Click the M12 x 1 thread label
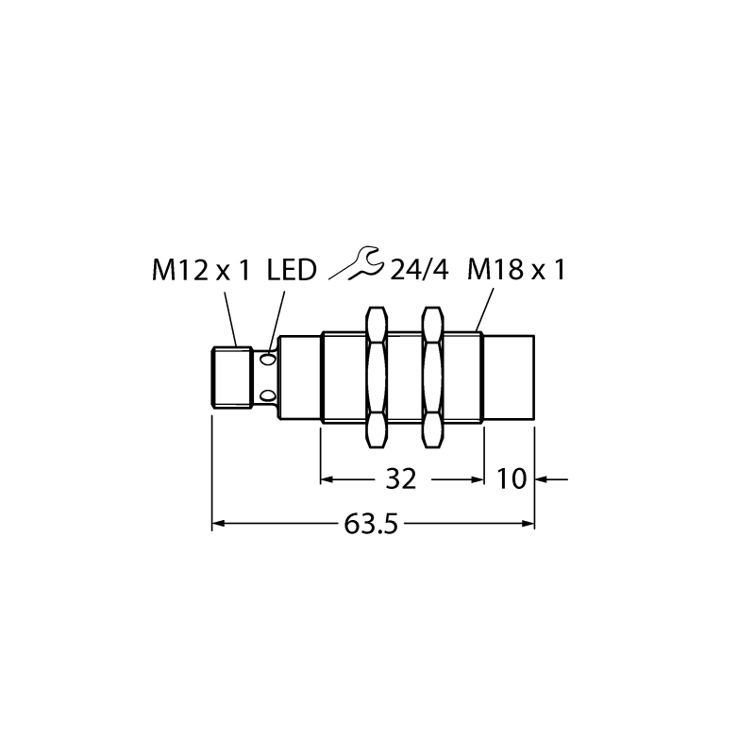(201, 270)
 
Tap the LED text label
(292, 270)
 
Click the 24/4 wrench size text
(419, 270)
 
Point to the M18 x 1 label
(515, 270)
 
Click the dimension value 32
(401, 479)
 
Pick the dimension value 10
(512, 479)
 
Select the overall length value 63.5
(371, 524)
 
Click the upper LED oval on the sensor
(267, 360)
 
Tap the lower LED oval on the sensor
(267, 396)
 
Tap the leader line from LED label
(277, 320)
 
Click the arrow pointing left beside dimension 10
(552, 479)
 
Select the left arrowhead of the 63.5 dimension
(218, 524)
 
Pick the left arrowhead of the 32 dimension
(327, 479)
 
